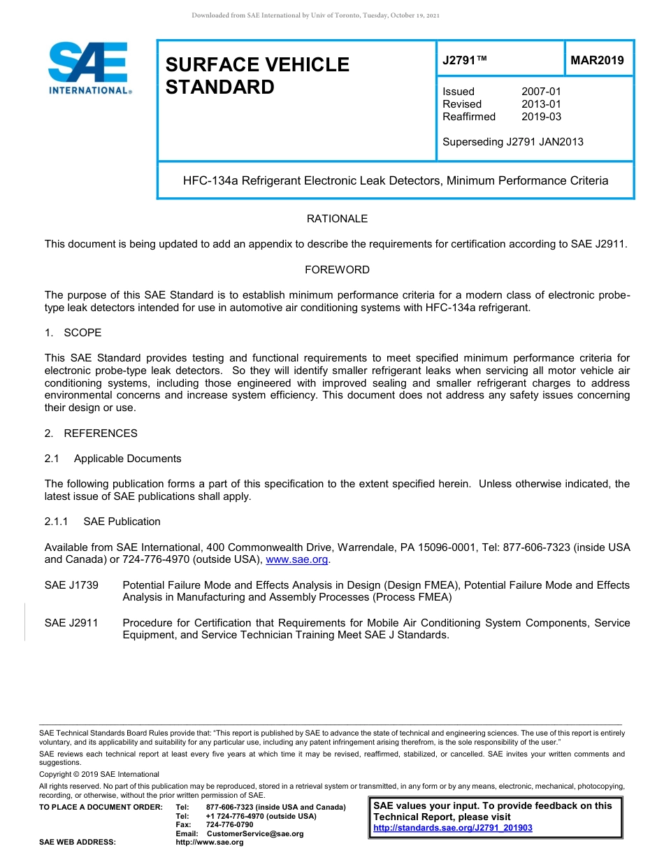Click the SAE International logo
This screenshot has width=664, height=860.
pyautogui.click(x=89, y=67)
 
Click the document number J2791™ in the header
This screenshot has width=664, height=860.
pyautogui.click(x=465, y=60)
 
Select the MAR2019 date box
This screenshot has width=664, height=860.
pyautogui.click(x=598, y=60)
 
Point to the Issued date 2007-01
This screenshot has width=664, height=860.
pyautogui.click(x=541, y=92)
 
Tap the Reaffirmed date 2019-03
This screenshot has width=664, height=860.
pyautogui.click(x=541, y=117)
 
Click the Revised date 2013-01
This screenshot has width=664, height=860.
pyautogui.click(x=541, y=104)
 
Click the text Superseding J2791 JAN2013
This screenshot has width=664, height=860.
pyautogui.click(x=512, y=142)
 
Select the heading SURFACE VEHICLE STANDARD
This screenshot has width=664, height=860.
pyautogui.click(x=257, y=76)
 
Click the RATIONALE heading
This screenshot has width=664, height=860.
pyautogui.click(x=337, y=219)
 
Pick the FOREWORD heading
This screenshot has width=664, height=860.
pyautogui.click(x=337, y=270)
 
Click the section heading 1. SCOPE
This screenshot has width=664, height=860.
pyautogui.click(x=73, y=333)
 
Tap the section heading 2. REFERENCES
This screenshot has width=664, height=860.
pyautogui.click(x=91, y=433)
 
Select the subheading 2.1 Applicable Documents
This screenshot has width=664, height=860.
pyautogui.click(x=113, y=459)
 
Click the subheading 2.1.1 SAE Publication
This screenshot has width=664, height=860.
pyautogui.click(x=102, y=522)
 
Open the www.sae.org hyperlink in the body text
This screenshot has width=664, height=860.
pyautogui.click(x=297, y=560)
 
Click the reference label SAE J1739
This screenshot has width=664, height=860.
pyautogui.click(x=71, y=585)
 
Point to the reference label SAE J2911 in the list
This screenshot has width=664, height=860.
pyautogui.click(x=71, y=623)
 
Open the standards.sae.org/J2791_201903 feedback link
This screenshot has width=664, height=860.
pyautogui.click(x=453, y=828)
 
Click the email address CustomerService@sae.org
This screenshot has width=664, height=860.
pyautogui.click(x=255, y=833)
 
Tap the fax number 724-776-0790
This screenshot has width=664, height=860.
pyautogui.click(x=229, y=825)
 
